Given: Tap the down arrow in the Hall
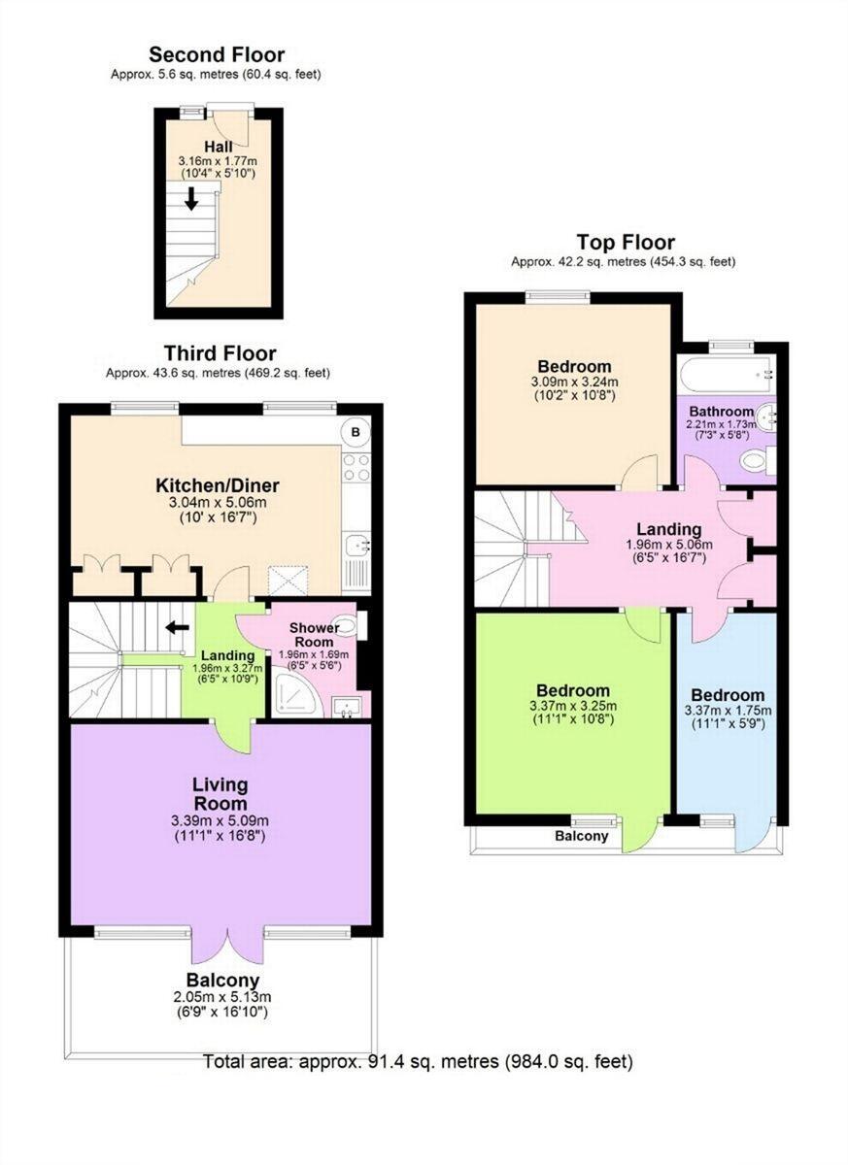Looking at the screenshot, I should [x=191, y=198].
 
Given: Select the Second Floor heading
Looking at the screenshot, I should [x=216, y=55].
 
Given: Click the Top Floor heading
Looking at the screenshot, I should [x=625, y=242].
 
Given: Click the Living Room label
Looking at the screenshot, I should [x=220, y=793].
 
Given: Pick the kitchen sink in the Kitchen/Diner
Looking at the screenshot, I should [x=356, y=546].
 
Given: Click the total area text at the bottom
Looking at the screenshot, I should [x=418, y=1061].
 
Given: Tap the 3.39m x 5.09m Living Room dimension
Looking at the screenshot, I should [x=220, y=820].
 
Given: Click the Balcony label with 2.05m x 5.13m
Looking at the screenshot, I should [x=223, y=981].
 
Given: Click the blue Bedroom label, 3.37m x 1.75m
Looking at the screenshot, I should [x=728, y=695].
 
